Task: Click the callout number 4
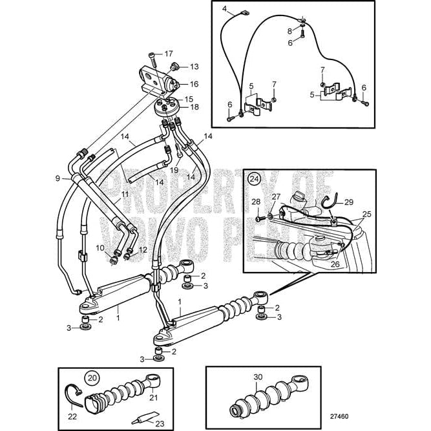225,8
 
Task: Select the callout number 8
291,30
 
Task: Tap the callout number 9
58,178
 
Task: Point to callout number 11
125,194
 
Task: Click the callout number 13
194,67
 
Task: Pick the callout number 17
169,54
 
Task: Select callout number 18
194,107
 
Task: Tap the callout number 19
174,171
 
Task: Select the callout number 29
348,202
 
